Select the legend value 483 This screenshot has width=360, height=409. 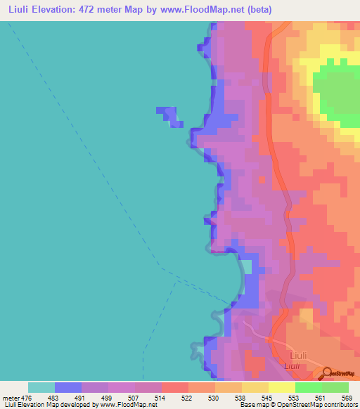(55, 397)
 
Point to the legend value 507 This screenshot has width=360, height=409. (135, 397)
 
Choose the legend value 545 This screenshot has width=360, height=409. (269, 397)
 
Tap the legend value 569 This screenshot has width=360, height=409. (347, 397)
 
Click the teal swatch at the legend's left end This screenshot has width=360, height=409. (41, 387)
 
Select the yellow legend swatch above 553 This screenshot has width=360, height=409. (281, 387)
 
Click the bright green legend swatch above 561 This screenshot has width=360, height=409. (308, 387)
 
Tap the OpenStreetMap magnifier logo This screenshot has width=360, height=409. (328, 372)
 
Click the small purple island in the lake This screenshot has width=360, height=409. (169, 115)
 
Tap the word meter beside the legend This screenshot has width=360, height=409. (9, 397)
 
